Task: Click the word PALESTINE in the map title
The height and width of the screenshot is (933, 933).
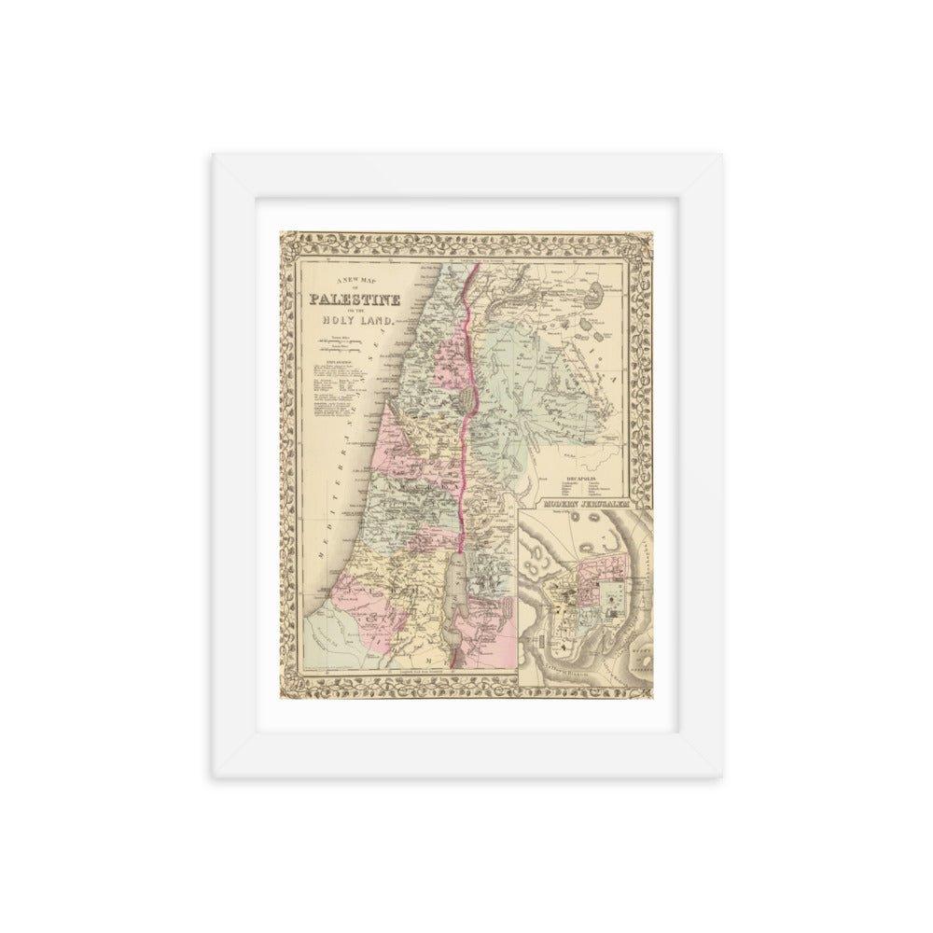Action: click(x=357, y=300)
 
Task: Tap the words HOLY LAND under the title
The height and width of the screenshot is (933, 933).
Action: click(x=361, y=321)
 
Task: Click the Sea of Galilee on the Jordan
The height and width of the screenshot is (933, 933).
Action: click(x=466, y=398)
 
